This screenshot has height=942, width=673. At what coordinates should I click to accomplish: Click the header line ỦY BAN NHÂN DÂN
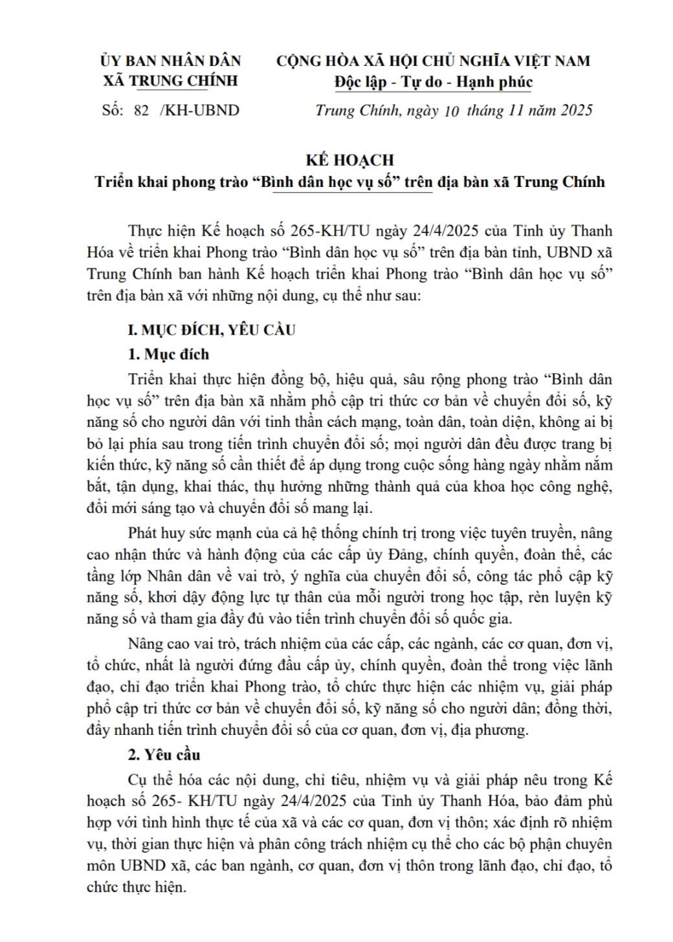tap(170, 61)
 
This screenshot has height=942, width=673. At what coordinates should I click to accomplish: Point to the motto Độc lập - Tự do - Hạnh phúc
tap(434, 82)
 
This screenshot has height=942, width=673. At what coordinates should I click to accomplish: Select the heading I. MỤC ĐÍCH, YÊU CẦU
tap(212, 329)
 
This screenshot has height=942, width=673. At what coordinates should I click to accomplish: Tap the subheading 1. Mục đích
tap(168, 354)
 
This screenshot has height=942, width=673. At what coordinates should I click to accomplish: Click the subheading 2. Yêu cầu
tap(164, 754)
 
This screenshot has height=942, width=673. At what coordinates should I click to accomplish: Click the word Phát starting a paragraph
tap(143, 533)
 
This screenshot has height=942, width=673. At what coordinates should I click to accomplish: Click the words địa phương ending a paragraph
tap(491, 730)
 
